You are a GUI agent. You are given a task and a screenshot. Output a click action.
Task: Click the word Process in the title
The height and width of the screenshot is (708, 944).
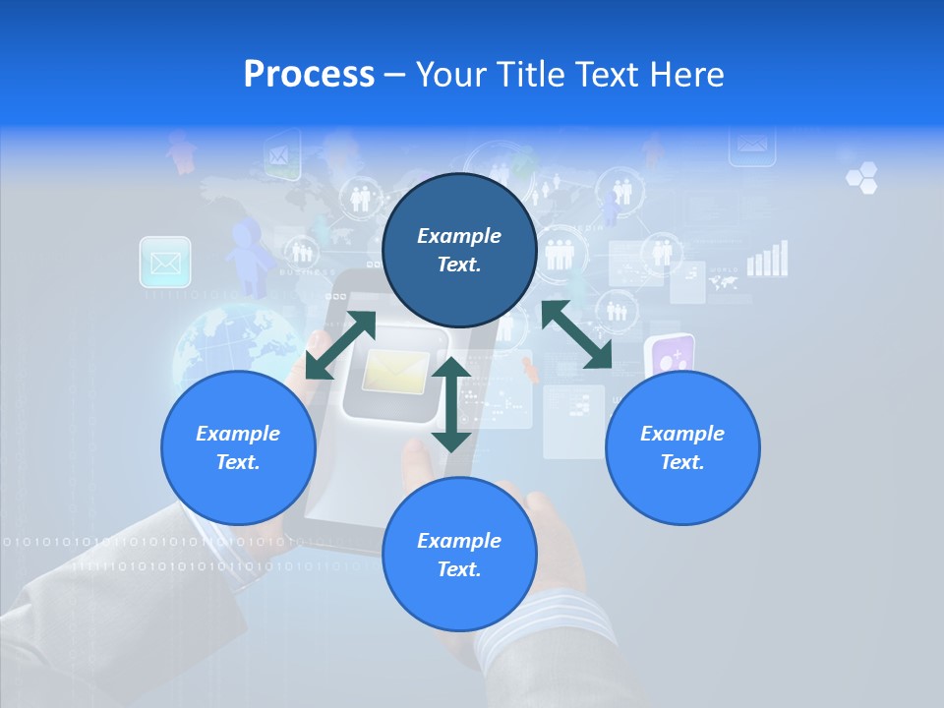pyautogui.click(x=309, y=75)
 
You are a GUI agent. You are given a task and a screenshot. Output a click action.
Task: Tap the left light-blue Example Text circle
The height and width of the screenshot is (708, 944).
pyautogui.click(x=238, y=447)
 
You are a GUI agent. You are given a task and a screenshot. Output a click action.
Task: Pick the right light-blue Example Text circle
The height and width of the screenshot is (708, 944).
pyautogui.click(x=682, y=447)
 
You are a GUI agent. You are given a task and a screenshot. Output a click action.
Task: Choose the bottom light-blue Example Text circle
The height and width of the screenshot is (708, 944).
pyautogui.click(x=459, y=555)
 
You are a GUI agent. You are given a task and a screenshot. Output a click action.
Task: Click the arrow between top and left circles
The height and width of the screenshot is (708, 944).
pyautogui.click(x=340, y=345)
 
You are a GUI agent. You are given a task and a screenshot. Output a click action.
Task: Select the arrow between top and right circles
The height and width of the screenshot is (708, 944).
pyautogui.click(x=577, y=335)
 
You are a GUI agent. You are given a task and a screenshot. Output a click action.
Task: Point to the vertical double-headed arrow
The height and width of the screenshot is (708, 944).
pyautogui.click(x=451, y=404)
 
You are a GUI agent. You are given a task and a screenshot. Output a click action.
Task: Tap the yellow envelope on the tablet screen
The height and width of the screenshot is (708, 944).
pyautogui.click(x=395, y=374)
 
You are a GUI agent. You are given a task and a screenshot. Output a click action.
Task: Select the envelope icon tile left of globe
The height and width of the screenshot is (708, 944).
pyautogui.click(x=165, y=263)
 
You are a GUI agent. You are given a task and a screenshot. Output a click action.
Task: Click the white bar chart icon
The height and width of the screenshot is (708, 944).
pyautogui.click(x=768, y=259)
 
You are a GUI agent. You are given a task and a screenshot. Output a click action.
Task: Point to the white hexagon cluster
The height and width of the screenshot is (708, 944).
pyautogui.click(x=861, y=178)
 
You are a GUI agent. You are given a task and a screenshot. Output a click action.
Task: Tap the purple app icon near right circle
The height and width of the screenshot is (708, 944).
pyautogui.click(x=670, y=356)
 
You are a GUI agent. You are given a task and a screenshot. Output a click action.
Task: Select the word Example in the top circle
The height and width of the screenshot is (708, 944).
pyautogui.click(x=459, y=236)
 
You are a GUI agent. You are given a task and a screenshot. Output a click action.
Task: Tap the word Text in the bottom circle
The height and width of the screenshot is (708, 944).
pyautogui.click(x=459, y=569)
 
